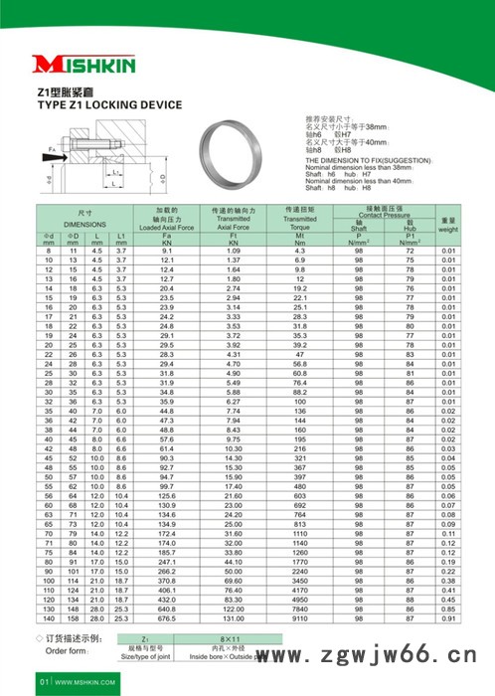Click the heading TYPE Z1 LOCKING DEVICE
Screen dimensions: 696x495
tap(109, 103)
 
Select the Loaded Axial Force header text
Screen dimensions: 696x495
tap(166, 228)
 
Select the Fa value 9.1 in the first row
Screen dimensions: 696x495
tap(166, 252)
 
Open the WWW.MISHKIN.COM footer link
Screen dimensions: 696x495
tap(83, 683)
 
